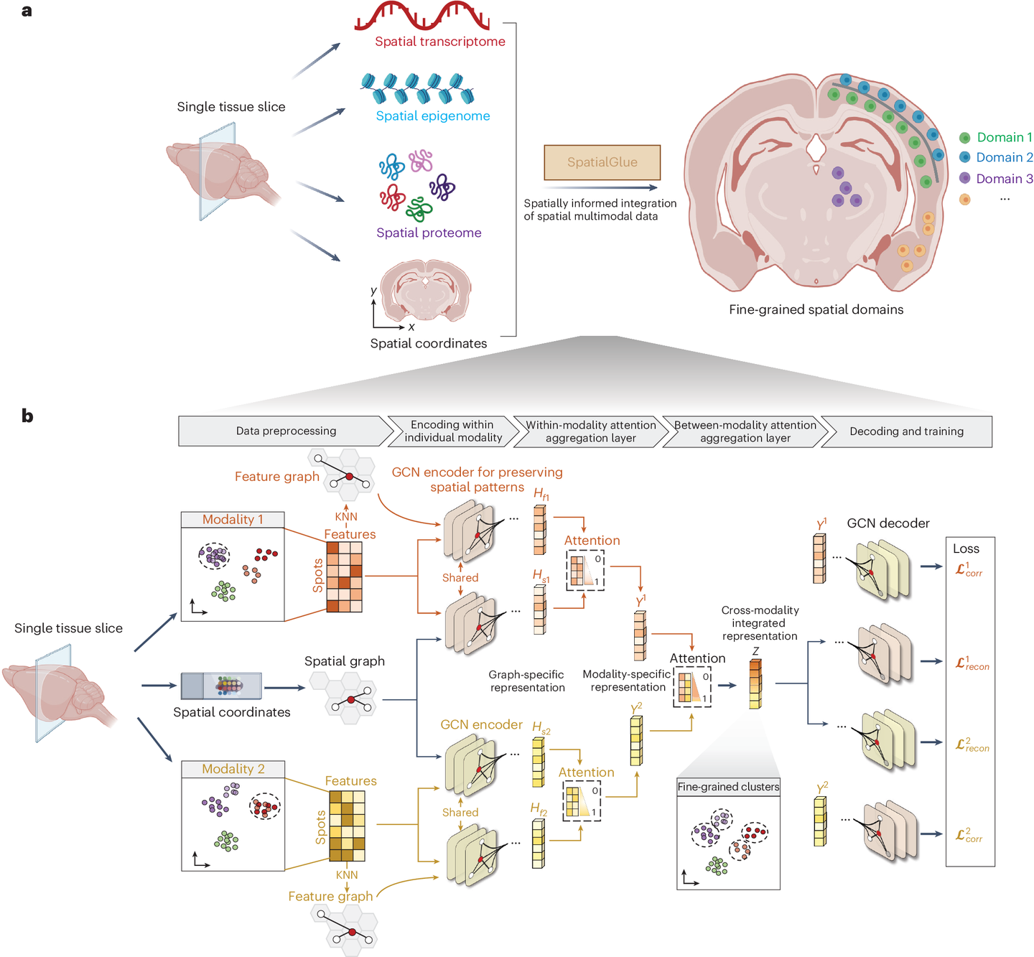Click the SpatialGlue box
pos(602,162)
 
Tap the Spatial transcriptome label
pos(440,41)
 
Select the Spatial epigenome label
pos(433,116)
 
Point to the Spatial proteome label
pos(429,232)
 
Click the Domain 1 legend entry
pos(995,137)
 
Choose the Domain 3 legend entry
pos(995,179)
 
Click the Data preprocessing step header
pos(286,431)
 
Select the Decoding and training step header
pos(906,431)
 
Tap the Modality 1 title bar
pos(232,519)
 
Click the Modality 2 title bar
pos(233,769)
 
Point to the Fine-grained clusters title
pos(728,787)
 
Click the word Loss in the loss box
pos(966,548)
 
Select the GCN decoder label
pos(888,523)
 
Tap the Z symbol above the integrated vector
pos(755,651)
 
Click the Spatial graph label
pos(344,661)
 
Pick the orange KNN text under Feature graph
pos(345,516)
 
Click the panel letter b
pos(27,416)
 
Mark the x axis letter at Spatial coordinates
pos(411,327)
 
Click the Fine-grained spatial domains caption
pos(816,309)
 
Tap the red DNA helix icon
pos(421,16)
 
